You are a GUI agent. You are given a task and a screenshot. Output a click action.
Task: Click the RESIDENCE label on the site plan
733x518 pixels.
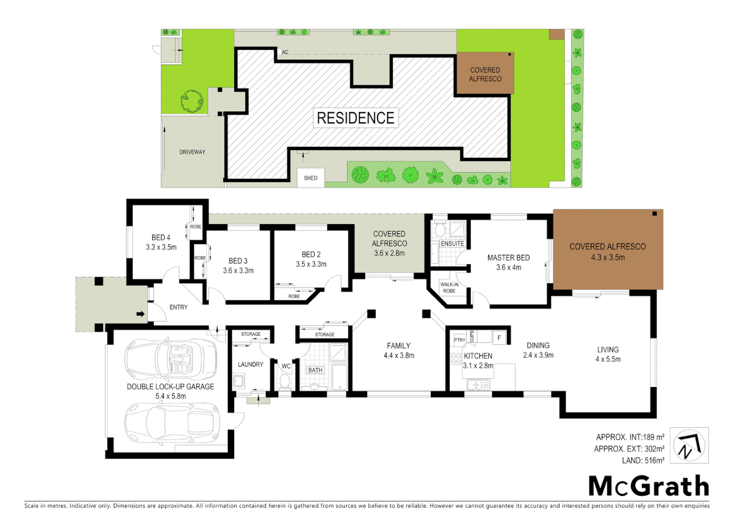[355, 118]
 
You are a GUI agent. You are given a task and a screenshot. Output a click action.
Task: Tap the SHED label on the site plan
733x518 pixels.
[310, 178]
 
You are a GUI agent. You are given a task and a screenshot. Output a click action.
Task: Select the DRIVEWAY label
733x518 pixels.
[192, 152]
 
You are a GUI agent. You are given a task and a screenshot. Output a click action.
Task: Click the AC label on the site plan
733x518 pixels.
[285, 52]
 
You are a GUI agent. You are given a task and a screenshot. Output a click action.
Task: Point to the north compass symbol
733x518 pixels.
[689, 446]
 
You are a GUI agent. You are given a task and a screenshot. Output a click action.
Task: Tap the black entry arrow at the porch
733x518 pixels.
[141, 314]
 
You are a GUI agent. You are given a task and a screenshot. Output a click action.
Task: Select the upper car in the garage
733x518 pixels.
[171, 359]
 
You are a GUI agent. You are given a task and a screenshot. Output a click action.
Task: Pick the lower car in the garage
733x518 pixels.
[172, 422]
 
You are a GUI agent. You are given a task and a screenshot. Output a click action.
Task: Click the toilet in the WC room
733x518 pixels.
[285, 382]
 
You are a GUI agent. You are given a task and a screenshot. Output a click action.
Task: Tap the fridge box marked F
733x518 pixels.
[499, 338]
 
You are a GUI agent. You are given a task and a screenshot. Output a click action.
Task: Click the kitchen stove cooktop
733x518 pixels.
[456, 359]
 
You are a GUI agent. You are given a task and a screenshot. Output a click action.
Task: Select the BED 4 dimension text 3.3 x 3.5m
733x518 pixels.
[161, 247]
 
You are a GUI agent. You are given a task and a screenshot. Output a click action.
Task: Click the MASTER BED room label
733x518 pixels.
[508, 258]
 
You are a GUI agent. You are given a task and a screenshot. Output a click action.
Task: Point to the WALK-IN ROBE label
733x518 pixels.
[449, 288]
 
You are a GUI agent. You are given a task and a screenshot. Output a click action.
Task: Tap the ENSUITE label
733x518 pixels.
[452, 244]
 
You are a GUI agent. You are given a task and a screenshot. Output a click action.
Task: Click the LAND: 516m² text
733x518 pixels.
[643, 460]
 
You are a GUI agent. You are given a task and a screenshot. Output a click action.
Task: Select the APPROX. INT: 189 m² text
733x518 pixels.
[630, 437]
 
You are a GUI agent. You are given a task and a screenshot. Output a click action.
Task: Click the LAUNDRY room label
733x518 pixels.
[250, 365]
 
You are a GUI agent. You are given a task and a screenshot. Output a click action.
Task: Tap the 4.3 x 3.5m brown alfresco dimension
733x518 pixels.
[608, 258]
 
